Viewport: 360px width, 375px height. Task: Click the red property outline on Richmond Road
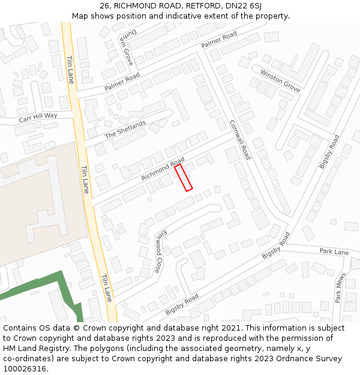tap(184, 178)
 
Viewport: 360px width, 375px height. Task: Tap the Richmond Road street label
tap(163, 170)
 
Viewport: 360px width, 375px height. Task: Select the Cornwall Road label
tap(239, 140)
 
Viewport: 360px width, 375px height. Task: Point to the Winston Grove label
tap(280, 80)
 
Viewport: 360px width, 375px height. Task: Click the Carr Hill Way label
tap(38, 118)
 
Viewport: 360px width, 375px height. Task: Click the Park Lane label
tap(334, 252)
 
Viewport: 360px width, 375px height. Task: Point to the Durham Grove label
tap(127, 47)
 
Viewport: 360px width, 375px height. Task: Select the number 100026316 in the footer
tap(25, 368)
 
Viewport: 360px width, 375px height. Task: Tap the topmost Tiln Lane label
tap(70, 70)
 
